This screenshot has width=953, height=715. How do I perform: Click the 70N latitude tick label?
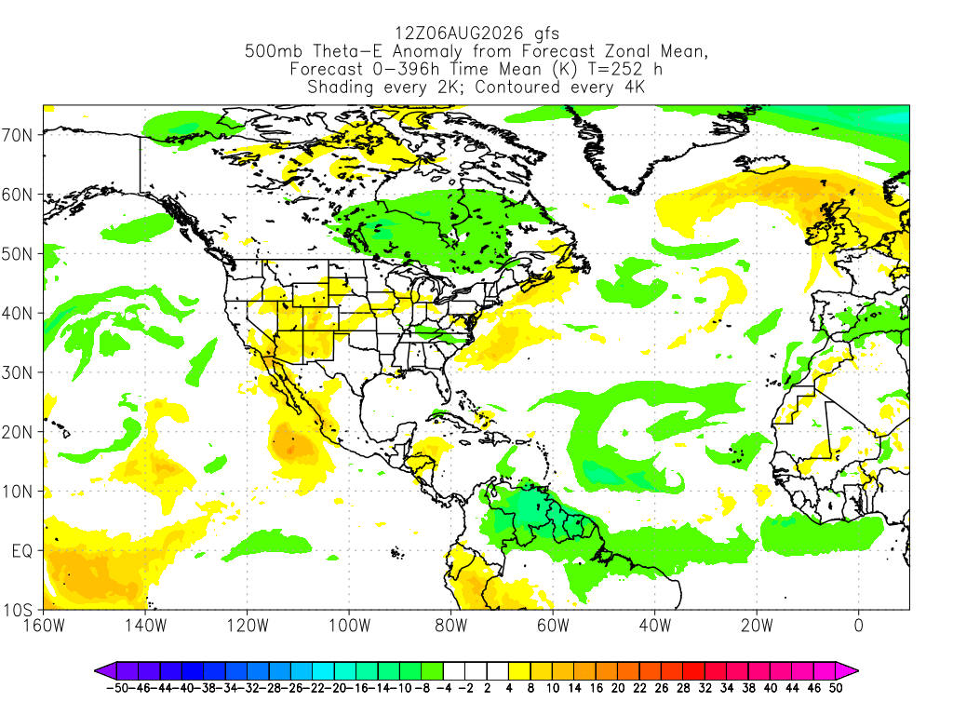(x=17, y=135)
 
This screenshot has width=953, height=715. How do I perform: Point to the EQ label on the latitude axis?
(x=22, y=551)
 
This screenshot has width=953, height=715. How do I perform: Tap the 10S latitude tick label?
(x=17, y=610)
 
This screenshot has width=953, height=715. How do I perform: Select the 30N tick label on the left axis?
(x=17, y=372)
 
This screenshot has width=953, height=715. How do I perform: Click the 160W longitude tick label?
(x=44, y=626)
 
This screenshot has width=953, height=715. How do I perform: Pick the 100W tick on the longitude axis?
(x=350, y=626)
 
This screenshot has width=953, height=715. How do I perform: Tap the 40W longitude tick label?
(x=655, y=626)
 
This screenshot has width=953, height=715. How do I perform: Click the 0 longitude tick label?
(x=858, y=626)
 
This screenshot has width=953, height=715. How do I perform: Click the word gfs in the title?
(x=546, y=34)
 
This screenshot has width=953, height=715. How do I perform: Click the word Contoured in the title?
(x=517, y=87)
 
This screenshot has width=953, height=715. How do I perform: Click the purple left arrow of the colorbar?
(x=104, y=671)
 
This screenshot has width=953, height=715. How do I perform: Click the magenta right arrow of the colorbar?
(x=847, y=671)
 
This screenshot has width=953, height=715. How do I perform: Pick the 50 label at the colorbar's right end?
(x=836, y=688)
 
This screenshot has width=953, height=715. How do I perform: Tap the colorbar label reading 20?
(x=618, y=688)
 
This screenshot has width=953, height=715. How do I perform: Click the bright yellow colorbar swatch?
(x=519, y=671)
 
